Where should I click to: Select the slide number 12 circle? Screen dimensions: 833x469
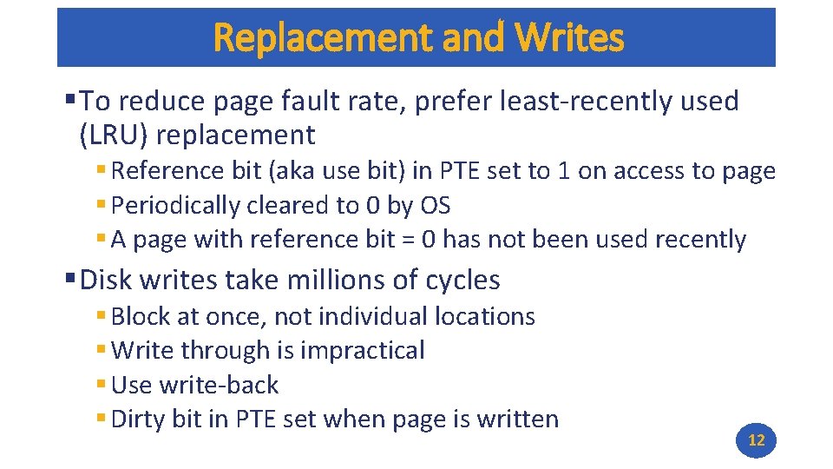tap(756, 440)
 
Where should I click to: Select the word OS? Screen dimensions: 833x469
tap(435, 206)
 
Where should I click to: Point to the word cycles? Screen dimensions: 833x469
tap(462, 280)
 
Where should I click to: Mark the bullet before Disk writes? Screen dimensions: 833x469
tap(69, 279)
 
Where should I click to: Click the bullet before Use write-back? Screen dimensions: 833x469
tap(102, 385)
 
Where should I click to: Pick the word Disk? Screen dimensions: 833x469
tap(105, 280)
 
